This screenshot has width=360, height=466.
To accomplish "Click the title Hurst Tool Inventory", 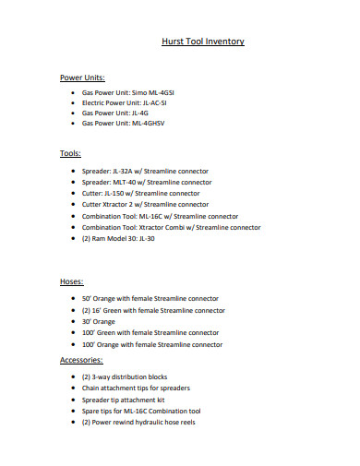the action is [x=202, y=42].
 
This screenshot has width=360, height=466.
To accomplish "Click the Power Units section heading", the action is [x=82, y=77].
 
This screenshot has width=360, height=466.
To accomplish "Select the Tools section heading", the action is [x=70, y=153].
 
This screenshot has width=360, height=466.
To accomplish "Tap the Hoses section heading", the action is [x=72, y=281].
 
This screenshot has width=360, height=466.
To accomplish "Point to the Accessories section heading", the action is [x=81, y=359].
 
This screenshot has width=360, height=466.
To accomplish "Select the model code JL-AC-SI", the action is [x=162, y=103].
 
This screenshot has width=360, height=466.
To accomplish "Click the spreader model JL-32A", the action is [x=126, y=172].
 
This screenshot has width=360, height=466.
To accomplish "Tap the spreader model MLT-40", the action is [x=126, y=183].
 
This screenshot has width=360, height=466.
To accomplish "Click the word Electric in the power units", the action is [x=95, y=103].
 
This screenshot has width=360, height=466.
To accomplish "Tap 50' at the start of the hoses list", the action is [x=87, y=299].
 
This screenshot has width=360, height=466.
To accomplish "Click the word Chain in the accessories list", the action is [x=91, y=388].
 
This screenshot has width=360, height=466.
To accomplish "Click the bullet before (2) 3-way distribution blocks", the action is [x=73, y=376].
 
